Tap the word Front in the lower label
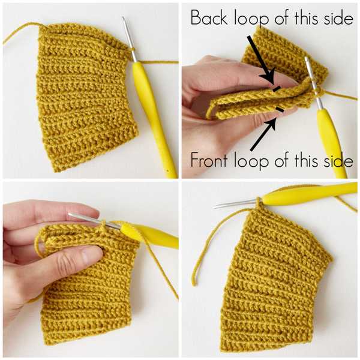[x=209, y=161]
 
